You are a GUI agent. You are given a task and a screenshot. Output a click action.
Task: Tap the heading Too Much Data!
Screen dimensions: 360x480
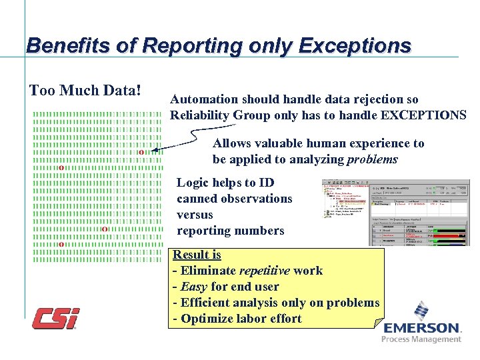pos(85,90)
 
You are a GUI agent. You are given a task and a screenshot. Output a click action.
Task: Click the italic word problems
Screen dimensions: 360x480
pos(372,159)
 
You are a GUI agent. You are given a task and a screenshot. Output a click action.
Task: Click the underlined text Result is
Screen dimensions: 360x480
pos(197,255)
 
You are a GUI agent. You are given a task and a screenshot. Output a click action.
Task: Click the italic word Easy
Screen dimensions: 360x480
pos(194,287)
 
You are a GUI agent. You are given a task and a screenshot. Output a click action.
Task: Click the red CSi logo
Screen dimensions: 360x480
pos(56,319)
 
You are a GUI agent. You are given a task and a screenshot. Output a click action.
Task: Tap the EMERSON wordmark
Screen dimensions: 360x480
pos(421,328)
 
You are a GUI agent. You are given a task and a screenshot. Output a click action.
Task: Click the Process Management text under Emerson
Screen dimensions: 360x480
pos(421,339)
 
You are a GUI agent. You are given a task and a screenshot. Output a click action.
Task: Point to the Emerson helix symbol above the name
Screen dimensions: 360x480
pos(421,311)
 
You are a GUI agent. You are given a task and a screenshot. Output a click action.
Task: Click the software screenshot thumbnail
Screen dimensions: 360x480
pos(396,212)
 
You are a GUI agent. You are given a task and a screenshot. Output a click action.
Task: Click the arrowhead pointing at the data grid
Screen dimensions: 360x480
pos(155,151)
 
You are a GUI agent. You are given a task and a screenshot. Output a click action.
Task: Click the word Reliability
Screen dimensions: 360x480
pos(200,115)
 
